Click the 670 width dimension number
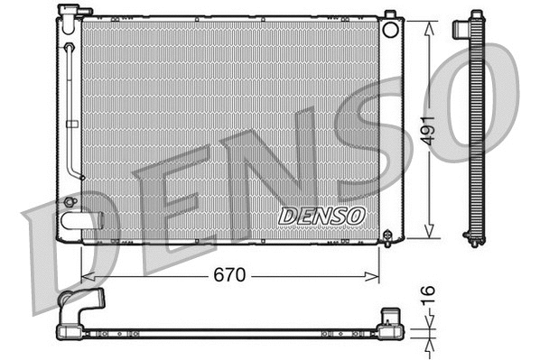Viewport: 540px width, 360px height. (229, 276)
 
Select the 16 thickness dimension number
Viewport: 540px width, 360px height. (430, 296)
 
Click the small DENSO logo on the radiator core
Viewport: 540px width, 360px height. (321, 216)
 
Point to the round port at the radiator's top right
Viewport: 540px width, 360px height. (390, 29)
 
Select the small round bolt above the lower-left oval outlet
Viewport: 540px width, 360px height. (70, 201)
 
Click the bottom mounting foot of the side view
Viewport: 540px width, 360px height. (472, 239)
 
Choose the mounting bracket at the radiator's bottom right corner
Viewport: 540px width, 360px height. (388, 236)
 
